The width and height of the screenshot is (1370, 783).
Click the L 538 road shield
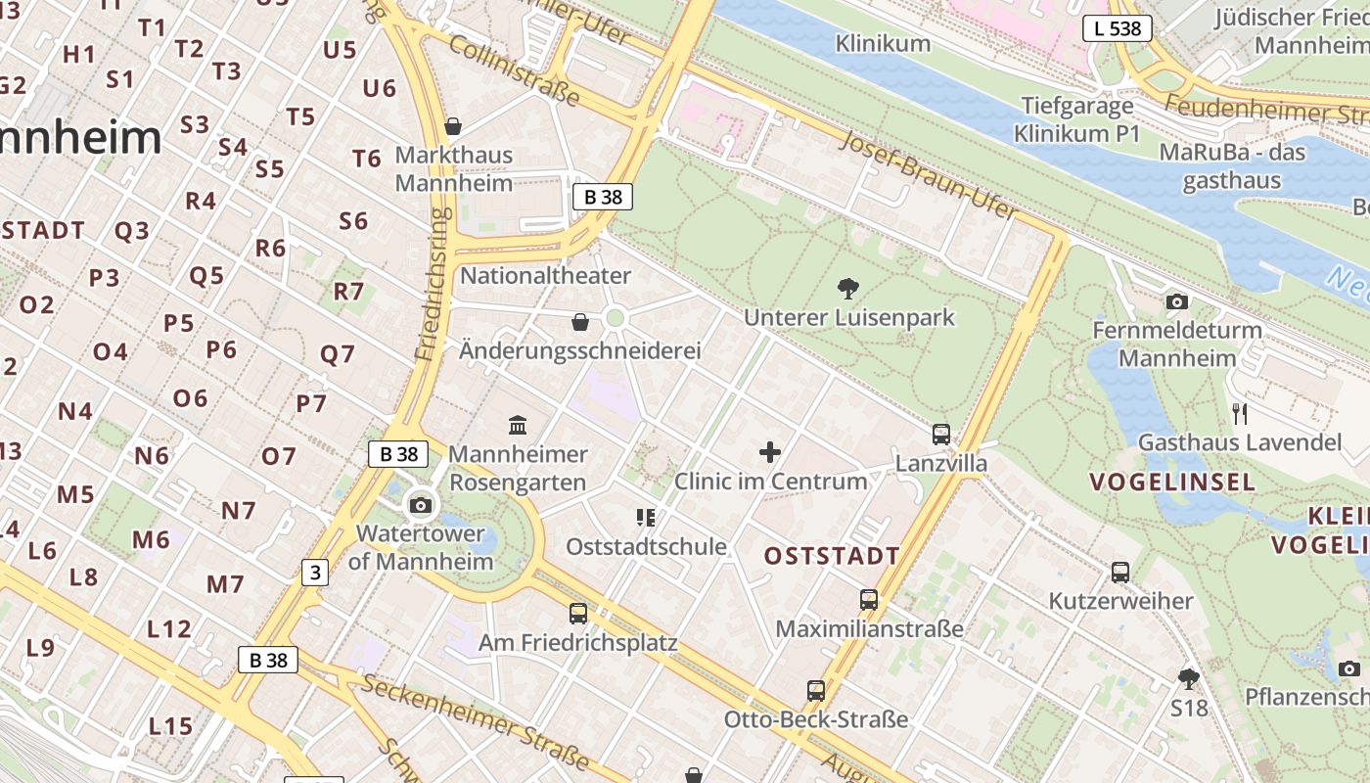click(x=1117, y=28)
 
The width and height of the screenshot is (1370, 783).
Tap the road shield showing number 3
click(x=314, y=573)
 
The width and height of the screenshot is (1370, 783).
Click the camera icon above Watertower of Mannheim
click(x=421, y=505)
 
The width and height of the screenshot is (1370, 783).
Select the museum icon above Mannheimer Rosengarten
click(x=518, y=425)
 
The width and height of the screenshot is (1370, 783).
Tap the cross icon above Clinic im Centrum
click(x=770, y=452)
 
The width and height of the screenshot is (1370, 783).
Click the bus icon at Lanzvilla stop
click(x=941, y=434)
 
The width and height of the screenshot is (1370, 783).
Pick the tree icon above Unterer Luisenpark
click(x=848, y=288)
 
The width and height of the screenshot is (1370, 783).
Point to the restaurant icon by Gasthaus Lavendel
click(x=1240, y=413)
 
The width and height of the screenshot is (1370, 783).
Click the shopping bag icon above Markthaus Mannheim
click(x=453, y=126)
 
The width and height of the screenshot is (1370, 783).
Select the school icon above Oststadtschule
click(x=646, y=517)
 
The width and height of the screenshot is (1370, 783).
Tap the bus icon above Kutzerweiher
click(x=1120, y=572)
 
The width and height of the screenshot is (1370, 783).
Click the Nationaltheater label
click(x=545, y=276)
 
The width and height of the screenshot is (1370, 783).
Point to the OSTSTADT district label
click(x=832, y=556)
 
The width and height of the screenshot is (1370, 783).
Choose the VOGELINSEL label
click(x=1171, y=482)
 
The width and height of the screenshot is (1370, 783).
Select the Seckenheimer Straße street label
click(x=476, y=720)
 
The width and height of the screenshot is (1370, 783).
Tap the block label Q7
click(x=338, y=354)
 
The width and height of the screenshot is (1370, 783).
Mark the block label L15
click(x=170, y=726)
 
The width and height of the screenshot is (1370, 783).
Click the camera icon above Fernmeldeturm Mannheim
click(x=1177, y=301)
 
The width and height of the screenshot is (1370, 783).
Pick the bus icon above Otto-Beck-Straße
click(x=816, y=691)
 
